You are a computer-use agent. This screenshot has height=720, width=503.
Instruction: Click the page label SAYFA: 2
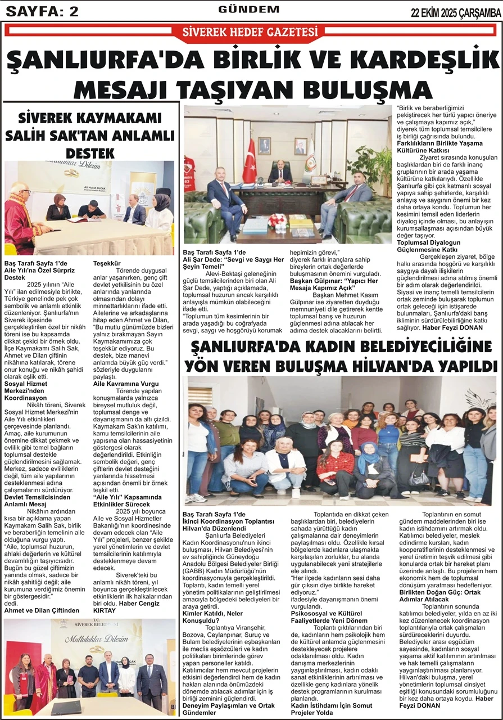pos(42,11)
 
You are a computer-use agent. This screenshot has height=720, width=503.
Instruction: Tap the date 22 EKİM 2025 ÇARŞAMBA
pos(456,11)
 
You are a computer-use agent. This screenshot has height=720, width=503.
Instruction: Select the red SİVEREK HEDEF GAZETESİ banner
pos(251,30)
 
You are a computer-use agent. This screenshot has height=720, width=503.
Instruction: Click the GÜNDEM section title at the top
pos(249,10)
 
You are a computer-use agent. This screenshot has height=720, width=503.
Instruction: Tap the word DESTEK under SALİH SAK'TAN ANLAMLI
pos(90,153)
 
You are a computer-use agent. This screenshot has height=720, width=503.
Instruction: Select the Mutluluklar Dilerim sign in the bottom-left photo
pos(90,639)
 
